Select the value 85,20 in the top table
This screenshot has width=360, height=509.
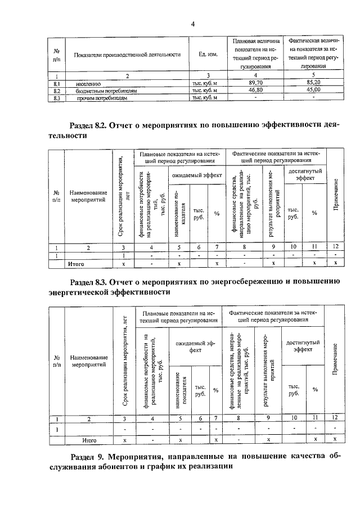pyautogui.click(x=309, y=82)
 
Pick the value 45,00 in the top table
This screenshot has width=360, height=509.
pyautogui.click(x=309, y=89)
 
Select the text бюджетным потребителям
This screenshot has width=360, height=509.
pyautogui.click(x=105, y=90)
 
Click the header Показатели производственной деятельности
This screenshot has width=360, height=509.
pyautogui.click(x=127, y=55)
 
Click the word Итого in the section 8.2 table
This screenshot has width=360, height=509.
pyautogui.click(x=76, y=263)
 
